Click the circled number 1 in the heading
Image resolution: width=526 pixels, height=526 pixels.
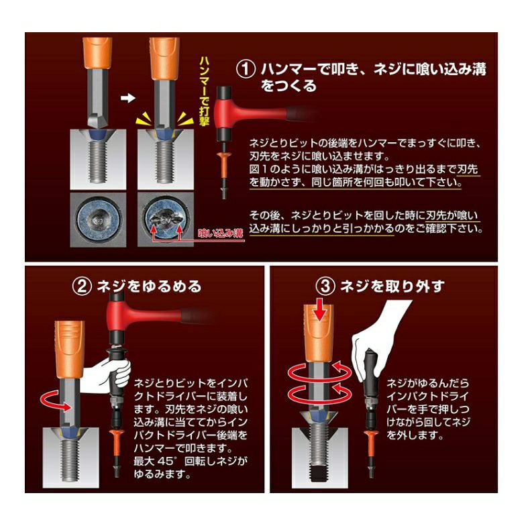coord(246,68)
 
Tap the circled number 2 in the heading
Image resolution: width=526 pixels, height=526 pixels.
coord(82,286)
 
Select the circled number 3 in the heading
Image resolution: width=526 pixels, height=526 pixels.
coord(325,286)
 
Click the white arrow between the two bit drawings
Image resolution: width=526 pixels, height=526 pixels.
coord(127,98)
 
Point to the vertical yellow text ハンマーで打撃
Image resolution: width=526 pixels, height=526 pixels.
coord(204,91)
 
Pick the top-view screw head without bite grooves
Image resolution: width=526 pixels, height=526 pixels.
coord(98,220)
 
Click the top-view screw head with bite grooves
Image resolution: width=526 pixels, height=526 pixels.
coord(166,220)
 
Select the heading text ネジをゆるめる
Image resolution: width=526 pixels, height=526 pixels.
coord(149,286)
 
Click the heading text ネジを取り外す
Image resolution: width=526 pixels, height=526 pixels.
coord(392,286)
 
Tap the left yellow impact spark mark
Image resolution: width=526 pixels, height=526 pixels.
coord(142,119)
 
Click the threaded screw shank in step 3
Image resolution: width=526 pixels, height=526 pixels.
coord(319,454)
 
